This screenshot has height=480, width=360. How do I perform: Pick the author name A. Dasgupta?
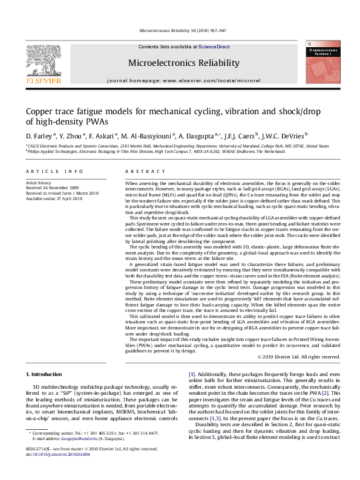point(198,135)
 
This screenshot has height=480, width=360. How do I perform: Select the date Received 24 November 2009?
point(53,187)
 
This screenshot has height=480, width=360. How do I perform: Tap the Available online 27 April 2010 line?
point(53,197)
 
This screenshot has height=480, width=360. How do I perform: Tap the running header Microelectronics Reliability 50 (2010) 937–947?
point(183,30)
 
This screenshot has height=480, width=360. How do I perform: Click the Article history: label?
point(40,183)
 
